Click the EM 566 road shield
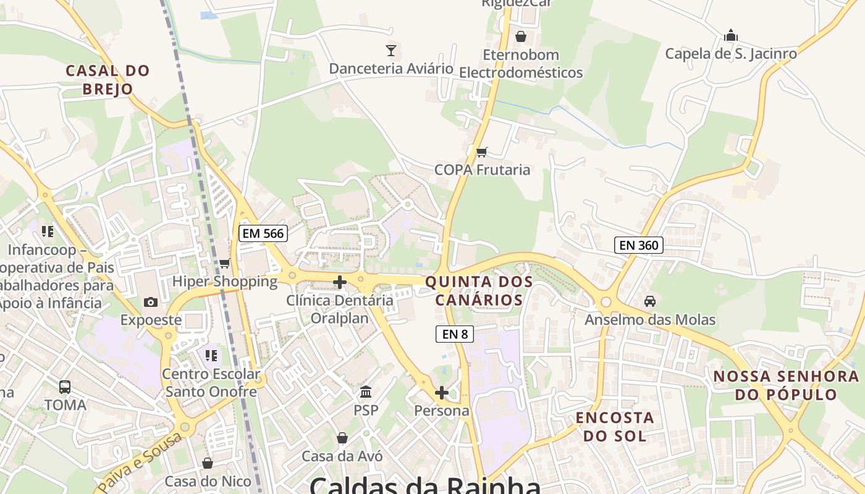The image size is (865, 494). coord(263,233)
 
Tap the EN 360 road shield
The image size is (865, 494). coord(639,245)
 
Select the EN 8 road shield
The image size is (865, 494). coord(455,334)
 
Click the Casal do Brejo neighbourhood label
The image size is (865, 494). coord(108,80)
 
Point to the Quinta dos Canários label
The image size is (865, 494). coord(479,291)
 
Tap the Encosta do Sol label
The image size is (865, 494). coord(615,427)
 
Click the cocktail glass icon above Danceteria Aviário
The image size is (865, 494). coord(390,50)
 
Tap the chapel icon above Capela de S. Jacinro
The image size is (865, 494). coord(731,35)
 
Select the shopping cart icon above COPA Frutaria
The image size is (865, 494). coord(482,151)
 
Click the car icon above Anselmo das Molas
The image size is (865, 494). coord(649,301)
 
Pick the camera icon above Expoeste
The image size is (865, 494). coord(150,302)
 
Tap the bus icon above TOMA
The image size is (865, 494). coord(65,387)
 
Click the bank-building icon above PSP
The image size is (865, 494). coord(366,391)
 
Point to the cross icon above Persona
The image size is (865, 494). coord(441,392)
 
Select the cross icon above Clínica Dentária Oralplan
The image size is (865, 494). coord(339,282)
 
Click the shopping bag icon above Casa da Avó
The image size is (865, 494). coord(342,438)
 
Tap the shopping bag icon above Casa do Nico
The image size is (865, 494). coord(208,463)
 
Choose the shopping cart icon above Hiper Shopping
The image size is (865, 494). coord(224,264)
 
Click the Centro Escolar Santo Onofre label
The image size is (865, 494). coord(211,383)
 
